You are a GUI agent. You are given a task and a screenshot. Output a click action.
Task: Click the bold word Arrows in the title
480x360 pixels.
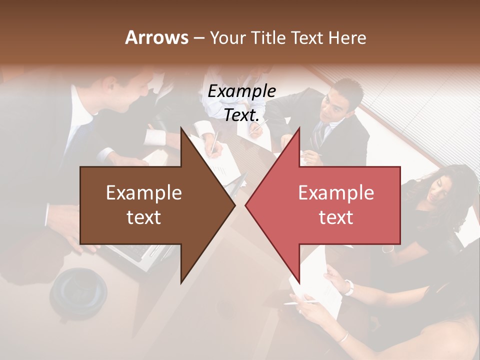pyautogui.click(x=156, y=37)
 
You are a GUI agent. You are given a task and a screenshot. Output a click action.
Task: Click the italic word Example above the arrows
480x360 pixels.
pyautogui.click(x=241, y=91)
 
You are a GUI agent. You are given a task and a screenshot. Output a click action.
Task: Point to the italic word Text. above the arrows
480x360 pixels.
pyautogui.click(x=241, y=115)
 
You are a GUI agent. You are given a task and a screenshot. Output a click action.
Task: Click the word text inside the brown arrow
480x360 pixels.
pyautogui.click(x=143, y=217)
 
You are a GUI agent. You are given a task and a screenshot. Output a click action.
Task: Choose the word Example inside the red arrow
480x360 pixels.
pyautogui.click(x=336, y=192)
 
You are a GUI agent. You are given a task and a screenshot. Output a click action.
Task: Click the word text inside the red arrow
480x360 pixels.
pyautogui.click(x=336, y=217)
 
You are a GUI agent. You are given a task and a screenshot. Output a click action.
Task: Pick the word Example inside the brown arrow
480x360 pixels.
pyautogui.click(x=143, y=192)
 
